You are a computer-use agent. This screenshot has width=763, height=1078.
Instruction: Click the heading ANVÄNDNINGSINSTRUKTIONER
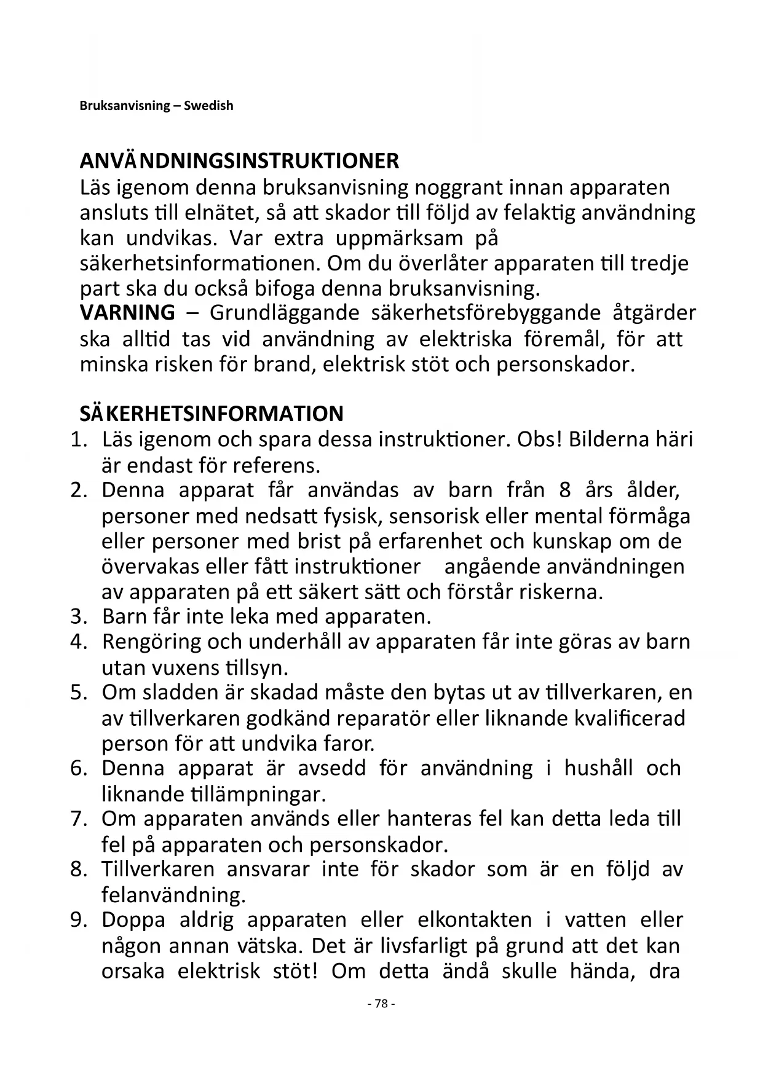pyautogui.click(x=239, y=161)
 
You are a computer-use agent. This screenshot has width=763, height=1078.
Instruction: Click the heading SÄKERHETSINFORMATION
pyautogui.click(x=212, y=414)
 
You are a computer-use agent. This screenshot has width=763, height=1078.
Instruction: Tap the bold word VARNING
pyautogui.click(x=127, y=313)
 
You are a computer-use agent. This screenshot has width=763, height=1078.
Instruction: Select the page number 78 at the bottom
pyautogui.click(x=381, y=1004)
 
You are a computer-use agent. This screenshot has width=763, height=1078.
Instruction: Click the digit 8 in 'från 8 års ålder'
pyautogui.click(x=565, y=490)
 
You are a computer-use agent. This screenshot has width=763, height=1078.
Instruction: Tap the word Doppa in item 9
pyautogui.click(x=133, y=920)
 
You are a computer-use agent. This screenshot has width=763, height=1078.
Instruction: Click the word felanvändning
pyautogui.click(x=173, y=895)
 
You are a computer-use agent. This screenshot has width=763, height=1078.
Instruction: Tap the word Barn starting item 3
pyautogui.click(x=121, y=616)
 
